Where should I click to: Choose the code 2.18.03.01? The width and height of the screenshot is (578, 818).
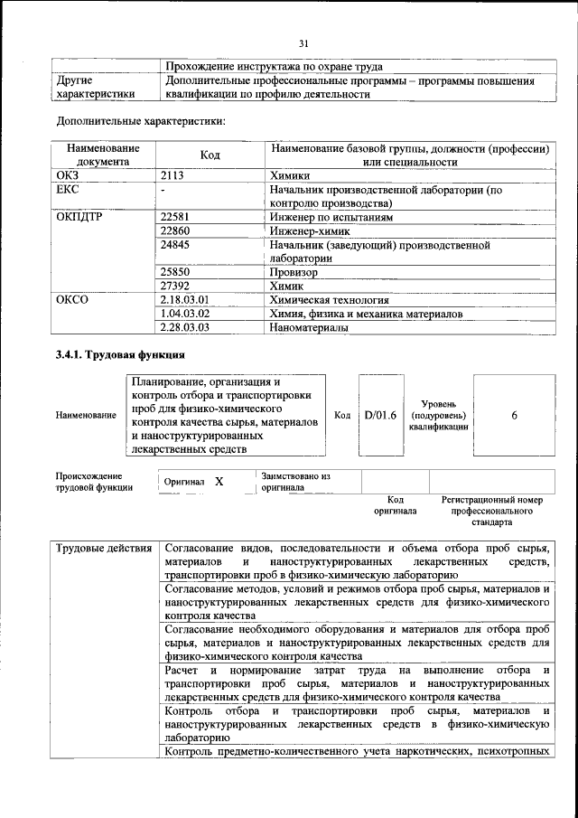183,299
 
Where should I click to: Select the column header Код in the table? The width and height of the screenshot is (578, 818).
210,155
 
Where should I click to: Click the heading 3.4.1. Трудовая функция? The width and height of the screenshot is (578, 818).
121,355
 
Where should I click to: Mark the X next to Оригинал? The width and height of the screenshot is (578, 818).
219,482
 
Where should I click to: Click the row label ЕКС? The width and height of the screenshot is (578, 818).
69,191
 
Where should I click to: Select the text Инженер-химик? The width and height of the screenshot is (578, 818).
308,231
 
